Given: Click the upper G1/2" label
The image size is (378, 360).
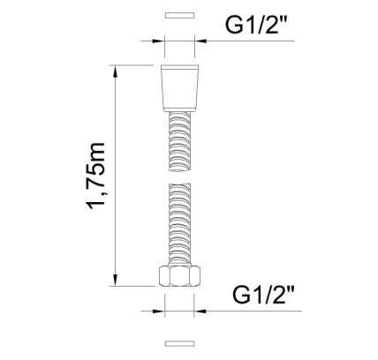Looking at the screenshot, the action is click(256, 25).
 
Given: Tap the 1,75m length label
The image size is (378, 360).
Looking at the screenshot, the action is click(95, 176).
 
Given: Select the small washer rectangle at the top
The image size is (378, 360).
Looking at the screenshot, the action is click(179, 15).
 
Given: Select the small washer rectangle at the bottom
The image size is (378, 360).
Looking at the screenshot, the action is click(179, 343).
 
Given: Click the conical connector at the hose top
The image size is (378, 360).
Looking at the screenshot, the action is click(179, 88).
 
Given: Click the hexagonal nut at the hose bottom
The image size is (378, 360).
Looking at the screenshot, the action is click(179, 275).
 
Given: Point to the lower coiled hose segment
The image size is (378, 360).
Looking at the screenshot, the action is click(179, 224).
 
